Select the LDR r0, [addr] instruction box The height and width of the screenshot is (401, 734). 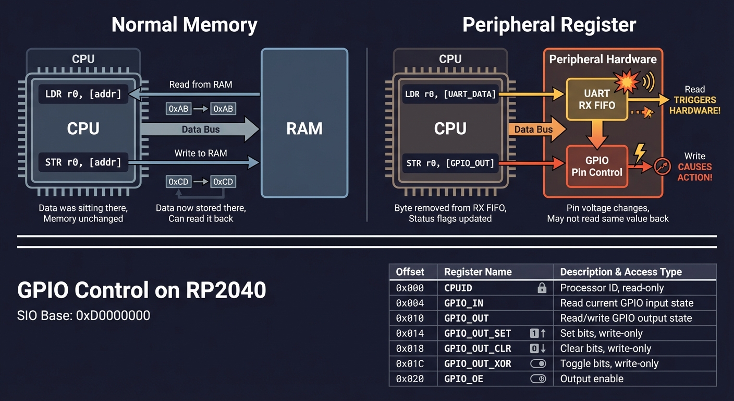point(83,95)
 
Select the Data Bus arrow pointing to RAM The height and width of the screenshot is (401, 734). point(201,129)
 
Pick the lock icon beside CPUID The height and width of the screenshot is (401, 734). point(542,288)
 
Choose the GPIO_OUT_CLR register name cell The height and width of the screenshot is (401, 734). point(478,349)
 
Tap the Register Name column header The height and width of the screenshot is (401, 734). point(478,272)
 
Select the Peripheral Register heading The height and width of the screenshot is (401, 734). point(549,25)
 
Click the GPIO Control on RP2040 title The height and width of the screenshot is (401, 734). point(142,290)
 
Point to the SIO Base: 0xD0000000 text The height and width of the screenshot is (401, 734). point(83,315)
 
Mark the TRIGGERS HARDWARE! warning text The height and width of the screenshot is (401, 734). point(694,105)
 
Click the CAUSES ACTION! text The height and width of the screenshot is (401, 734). point(694,172)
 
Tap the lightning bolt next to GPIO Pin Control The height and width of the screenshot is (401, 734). point(639,152)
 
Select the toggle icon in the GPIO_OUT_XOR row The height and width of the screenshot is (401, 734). point(538,364)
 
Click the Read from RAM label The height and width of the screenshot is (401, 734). point(201,85)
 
